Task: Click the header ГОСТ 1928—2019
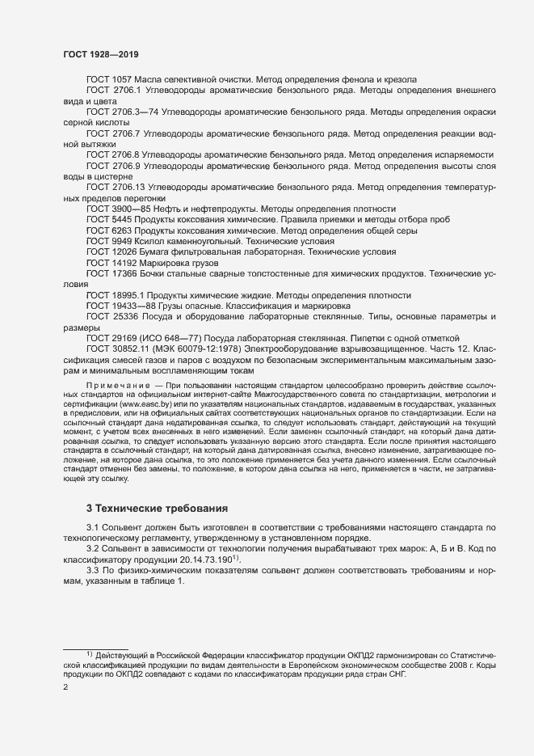tap(100, 54)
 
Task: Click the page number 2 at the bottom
tap(65, 687)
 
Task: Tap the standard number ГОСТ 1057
tap(109, 79)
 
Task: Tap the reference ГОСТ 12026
tap(111, 252)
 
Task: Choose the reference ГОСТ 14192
tap(111, 263)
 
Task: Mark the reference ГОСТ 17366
tap(111, 274)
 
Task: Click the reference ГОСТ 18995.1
tap(115, 295)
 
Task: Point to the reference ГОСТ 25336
tap(111, 317)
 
